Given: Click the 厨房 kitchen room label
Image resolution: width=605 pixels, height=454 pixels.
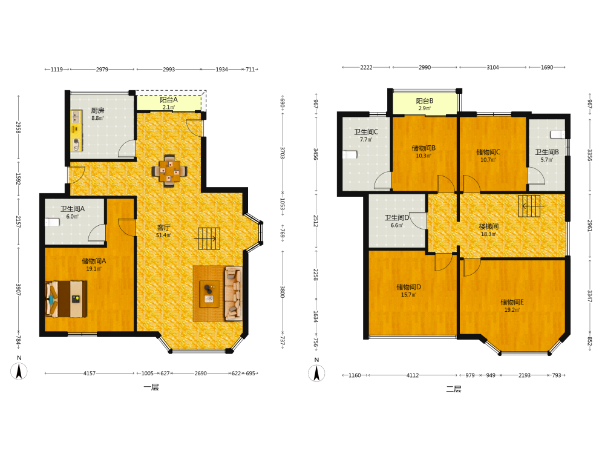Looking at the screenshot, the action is click(97, 110).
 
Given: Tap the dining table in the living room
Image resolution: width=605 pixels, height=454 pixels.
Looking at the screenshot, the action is click(169, 170).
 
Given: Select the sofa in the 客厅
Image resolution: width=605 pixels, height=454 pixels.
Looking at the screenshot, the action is click(234, 293).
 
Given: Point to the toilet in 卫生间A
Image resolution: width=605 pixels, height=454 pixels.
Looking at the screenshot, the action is click(52, 222).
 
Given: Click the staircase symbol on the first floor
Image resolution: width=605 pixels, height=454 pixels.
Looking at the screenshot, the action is click(209, 239).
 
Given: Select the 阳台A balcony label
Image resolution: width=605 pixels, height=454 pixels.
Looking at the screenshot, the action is click(169, 100).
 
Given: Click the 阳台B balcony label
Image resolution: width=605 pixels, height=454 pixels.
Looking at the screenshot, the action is click(425, 100).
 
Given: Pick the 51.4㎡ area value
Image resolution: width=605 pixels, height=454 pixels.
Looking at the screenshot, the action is click(163, 235).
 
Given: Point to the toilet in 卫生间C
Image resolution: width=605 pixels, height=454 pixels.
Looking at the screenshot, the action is click(350, 155).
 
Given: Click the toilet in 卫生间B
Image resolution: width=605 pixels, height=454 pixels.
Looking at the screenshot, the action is click(558, 134).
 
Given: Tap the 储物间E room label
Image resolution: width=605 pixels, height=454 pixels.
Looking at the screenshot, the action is click(512, 302).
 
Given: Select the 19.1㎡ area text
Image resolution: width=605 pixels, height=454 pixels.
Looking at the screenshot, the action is click(94, 269).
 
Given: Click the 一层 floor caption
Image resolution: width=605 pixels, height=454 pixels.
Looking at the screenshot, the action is click(151, 387).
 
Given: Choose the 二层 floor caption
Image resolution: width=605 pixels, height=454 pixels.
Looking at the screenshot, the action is click(454, 389).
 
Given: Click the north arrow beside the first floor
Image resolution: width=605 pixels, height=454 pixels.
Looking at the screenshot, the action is click(19, 372).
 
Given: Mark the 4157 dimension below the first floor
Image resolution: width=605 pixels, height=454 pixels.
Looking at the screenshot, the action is click(90, 373).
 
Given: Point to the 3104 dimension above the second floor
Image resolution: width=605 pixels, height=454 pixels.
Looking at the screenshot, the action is click(492, 67).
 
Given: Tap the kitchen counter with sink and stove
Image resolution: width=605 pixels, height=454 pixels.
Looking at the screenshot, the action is click(76, 131).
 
